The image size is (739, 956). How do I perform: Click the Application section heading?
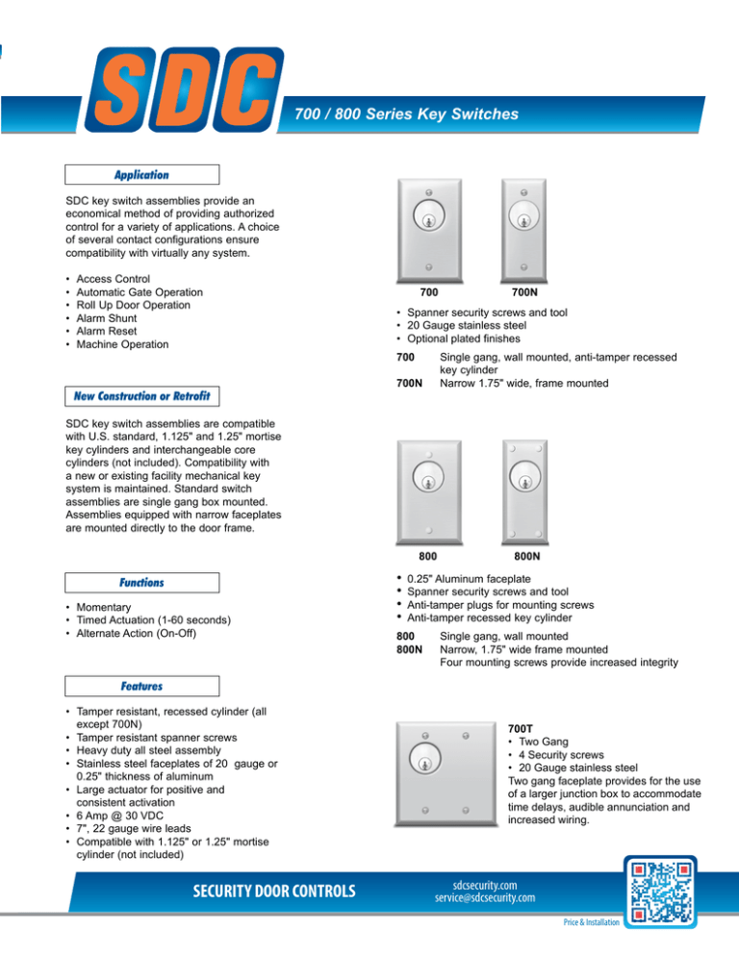pyautogui.click(x=141, y=175)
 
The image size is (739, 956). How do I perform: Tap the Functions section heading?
pyautogui.click(x=141, y=582)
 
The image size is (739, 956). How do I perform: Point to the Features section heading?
pyautogui.click(x=141, y=687)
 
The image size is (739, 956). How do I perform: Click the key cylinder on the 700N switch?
pyautogui.click(x=524, y=215)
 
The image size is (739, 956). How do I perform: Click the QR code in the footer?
pyautogui.click(x=663, y=895)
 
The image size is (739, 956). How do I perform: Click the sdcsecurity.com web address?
pyautogui.click(x=484, y=884)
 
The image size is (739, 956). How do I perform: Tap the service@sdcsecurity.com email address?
pyautogui.click(x=484, y=898)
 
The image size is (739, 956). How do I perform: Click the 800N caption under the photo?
pyautogui.click(x=524, y=556)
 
